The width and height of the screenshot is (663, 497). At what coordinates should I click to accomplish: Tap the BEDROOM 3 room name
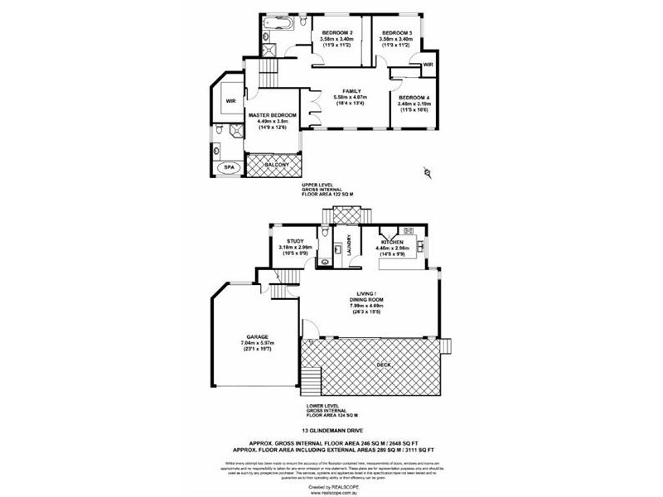pos(397,31)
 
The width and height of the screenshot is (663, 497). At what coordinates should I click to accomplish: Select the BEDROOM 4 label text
pos(414,97)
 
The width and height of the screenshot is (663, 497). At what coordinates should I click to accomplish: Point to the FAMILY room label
pos(353,91)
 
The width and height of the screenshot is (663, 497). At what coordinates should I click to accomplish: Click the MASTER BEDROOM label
pos(272,114)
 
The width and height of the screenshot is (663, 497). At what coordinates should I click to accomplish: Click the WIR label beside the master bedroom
pos(230,101)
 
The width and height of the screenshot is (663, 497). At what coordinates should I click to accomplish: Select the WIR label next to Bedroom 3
pos(428,64)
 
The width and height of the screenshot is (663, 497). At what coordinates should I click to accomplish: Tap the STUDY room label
pos(296,240)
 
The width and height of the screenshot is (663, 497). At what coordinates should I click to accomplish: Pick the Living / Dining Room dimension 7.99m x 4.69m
pos(365,306)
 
